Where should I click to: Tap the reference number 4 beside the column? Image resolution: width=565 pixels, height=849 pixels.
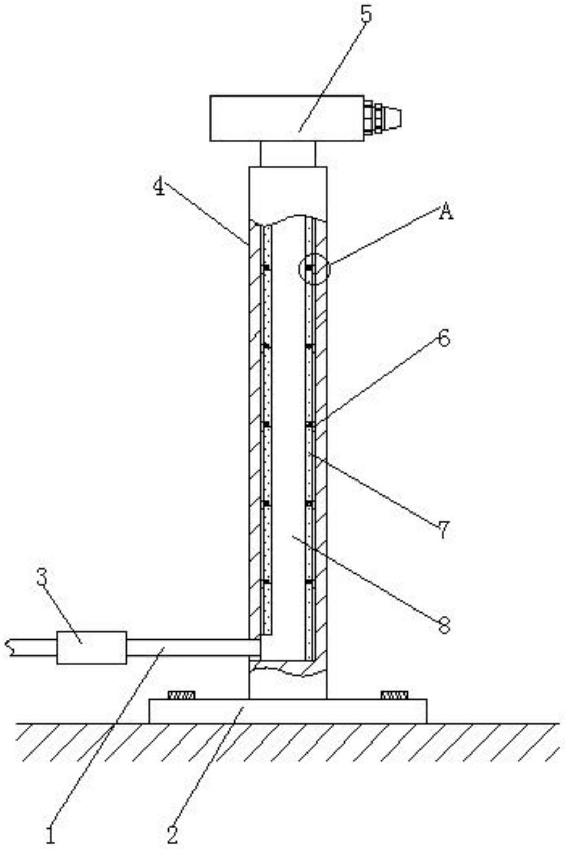click(x=159, y=187)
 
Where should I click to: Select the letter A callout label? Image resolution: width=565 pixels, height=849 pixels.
click(x=446, y=212)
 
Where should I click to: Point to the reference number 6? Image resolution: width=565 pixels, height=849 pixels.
click(x=443, y=339)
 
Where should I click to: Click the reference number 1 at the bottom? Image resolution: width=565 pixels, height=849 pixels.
click(x=50, y=834)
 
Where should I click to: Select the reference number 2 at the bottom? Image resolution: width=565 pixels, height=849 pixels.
click(x=172, y=834)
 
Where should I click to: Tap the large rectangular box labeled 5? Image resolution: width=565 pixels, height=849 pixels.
click(x=286, y=118)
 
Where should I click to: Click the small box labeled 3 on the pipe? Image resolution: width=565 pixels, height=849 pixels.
click(x=91, y=647)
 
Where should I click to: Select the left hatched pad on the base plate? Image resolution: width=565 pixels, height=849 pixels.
click(x=182, y=695)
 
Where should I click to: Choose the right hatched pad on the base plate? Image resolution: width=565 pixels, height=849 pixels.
click(x=394, y=695)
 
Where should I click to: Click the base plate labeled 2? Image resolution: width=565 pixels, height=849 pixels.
click(x=287, y=711)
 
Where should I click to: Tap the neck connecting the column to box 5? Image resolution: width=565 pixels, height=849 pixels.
click(x=287, y=154)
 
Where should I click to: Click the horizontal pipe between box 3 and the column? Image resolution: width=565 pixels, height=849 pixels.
click(x=191, y=648)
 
